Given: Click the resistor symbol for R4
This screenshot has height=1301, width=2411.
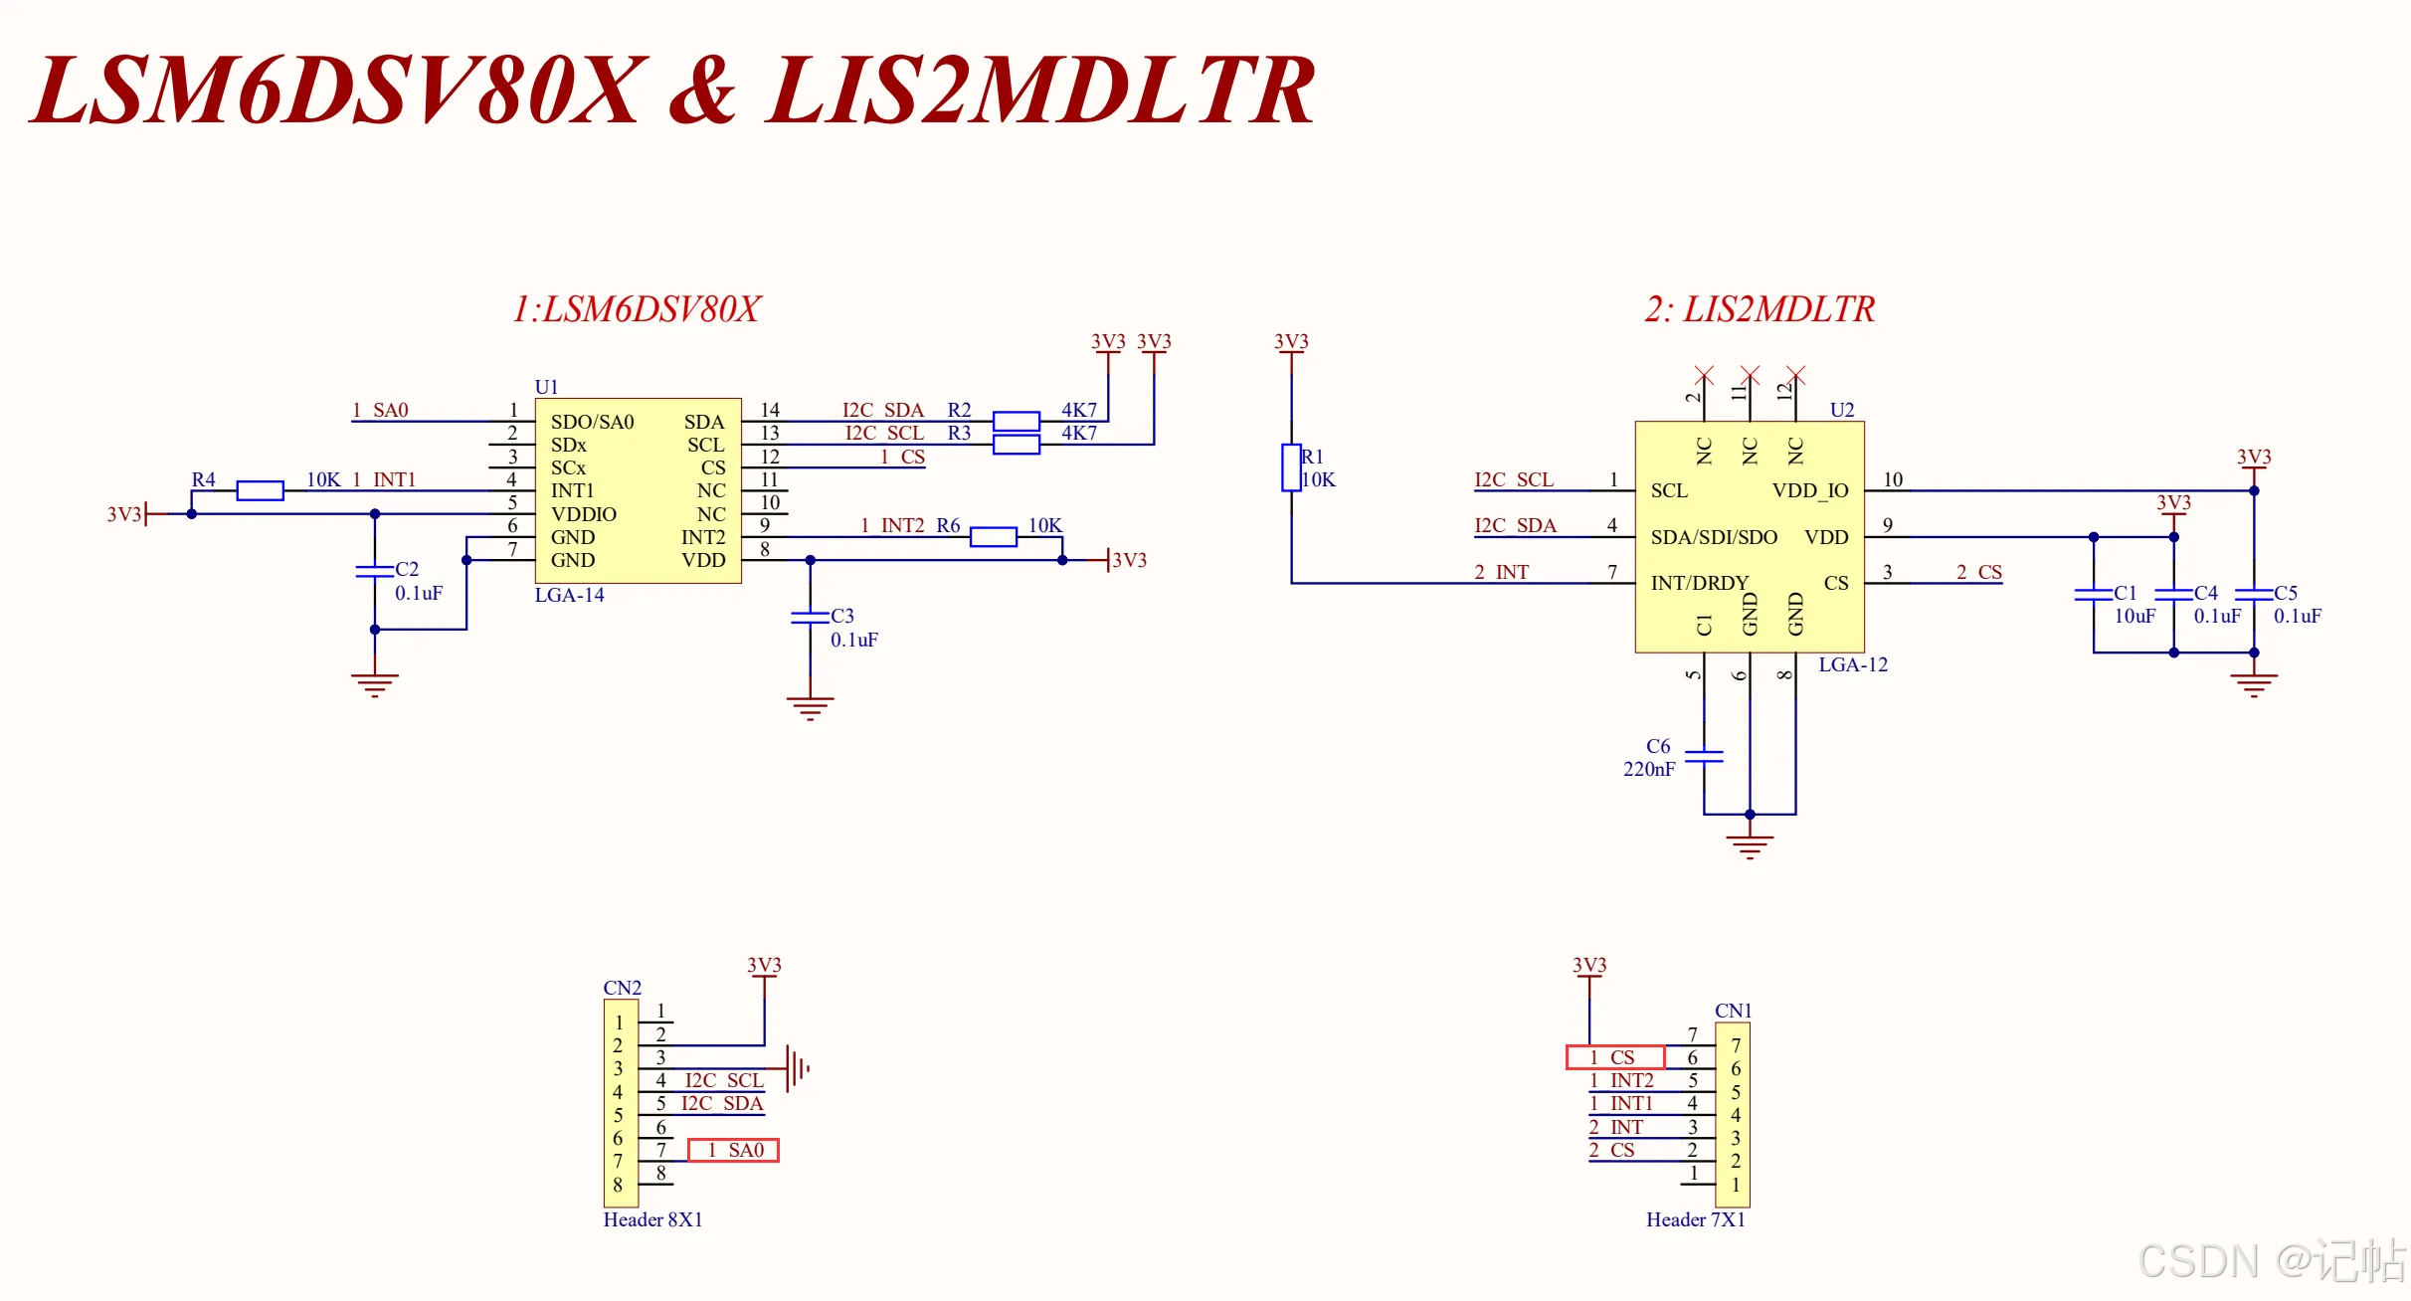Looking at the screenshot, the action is pos(260,490).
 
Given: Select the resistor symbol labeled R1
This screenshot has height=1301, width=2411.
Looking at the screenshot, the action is pos(1291,467).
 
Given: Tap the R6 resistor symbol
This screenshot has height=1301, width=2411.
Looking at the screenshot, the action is pos(993,537).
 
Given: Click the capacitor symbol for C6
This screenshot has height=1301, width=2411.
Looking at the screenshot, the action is pos(1704,756).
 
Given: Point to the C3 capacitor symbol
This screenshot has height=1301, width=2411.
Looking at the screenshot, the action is pos(811,618).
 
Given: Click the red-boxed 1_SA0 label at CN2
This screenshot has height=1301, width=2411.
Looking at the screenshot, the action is pos(733,1150).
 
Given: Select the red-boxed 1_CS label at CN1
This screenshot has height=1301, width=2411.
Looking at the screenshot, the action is pos(1615,1057).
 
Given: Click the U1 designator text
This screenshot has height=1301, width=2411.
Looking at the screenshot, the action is pos(546,387).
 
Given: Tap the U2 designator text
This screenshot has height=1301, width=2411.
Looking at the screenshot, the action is pos(1842,410).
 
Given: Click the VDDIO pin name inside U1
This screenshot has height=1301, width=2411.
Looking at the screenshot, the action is pos(584,514).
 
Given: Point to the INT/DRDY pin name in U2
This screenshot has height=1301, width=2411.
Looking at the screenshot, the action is pos(1700,583).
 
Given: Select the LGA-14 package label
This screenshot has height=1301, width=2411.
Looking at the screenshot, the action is pos(569,595).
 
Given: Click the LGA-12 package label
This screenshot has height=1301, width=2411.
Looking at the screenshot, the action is pos(1853,664).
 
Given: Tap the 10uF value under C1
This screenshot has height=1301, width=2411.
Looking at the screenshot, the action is pos(2134,616).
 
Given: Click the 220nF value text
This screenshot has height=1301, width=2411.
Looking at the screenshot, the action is pos(1649,769).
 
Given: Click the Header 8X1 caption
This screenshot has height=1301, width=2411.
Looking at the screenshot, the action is pos(652,1219).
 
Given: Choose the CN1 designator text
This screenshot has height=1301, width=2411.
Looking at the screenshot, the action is pos(1733,1011).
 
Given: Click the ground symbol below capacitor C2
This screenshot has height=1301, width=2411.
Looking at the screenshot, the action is pos(375,685).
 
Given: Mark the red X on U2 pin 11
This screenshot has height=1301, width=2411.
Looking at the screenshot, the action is pos(1751,375).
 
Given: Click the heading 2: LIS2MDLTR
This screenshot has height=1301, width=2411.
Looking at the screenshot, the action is pos(1760,309).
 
